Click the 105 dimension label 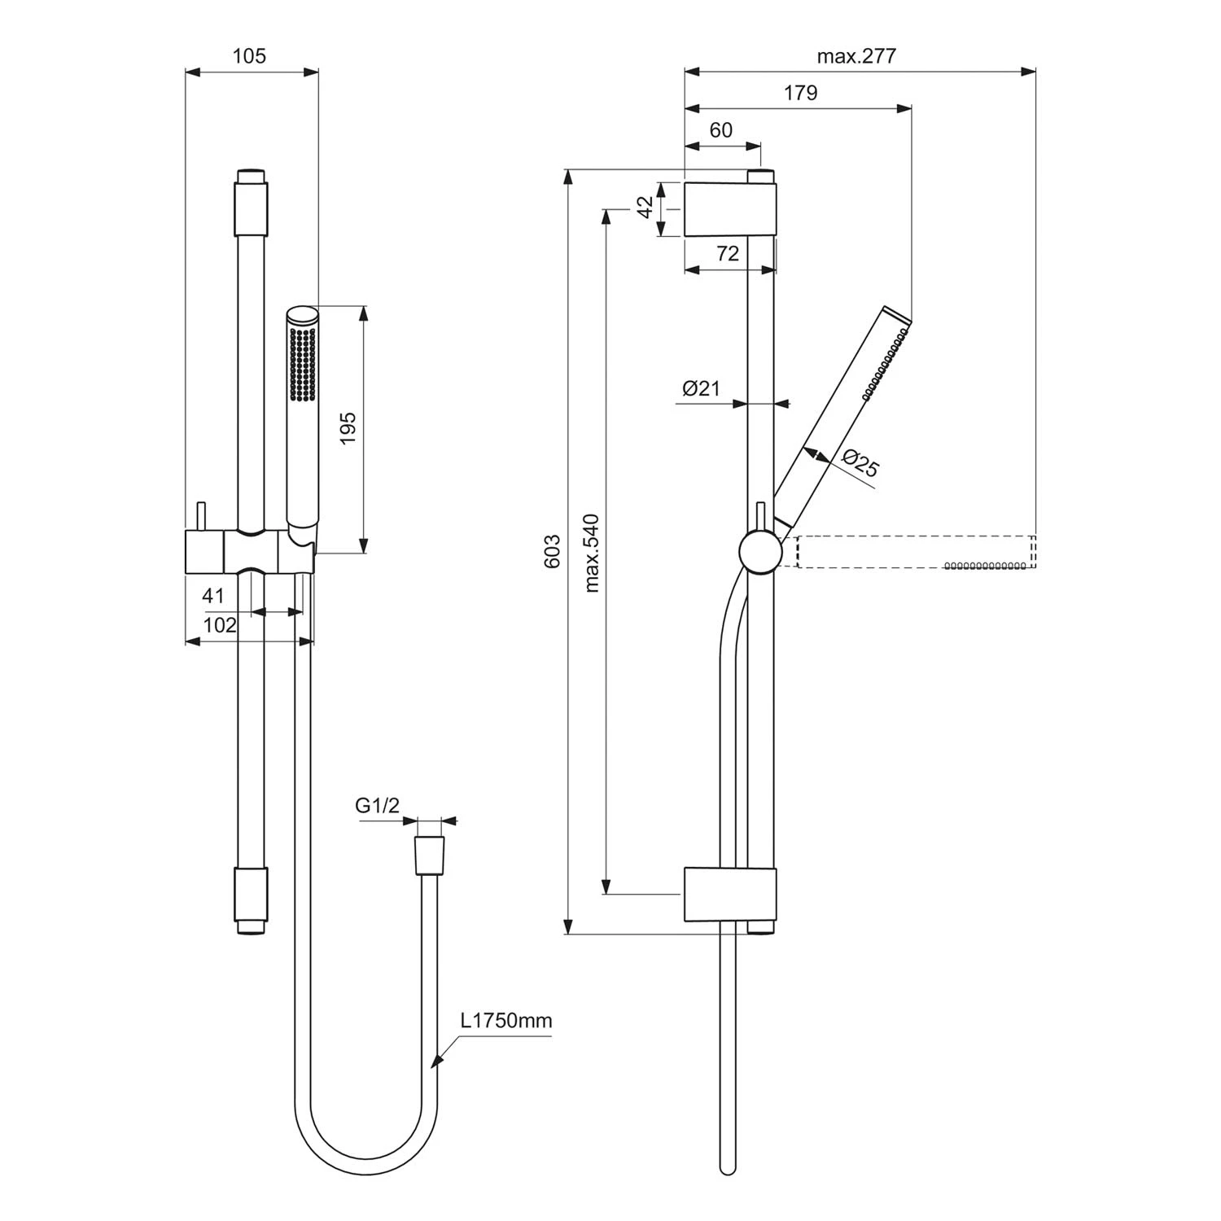[249, 56]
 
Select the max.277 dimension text [856, 56]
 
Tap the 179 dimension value [800, 94]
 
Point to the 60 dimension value [720, 130]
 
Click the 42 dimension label [646, 208]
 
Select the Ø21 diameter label [702, 388]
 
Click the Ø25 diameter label [860, 464]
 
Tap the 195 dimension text [348, 429]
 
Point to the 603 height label [553, 551]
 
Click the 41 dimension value [213, 596]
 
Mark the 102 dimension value [220, 625]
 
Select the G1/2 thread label [378, 806]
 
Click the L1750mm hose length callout [506, 1021]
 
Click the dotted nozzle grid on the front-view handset [303, 364]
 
